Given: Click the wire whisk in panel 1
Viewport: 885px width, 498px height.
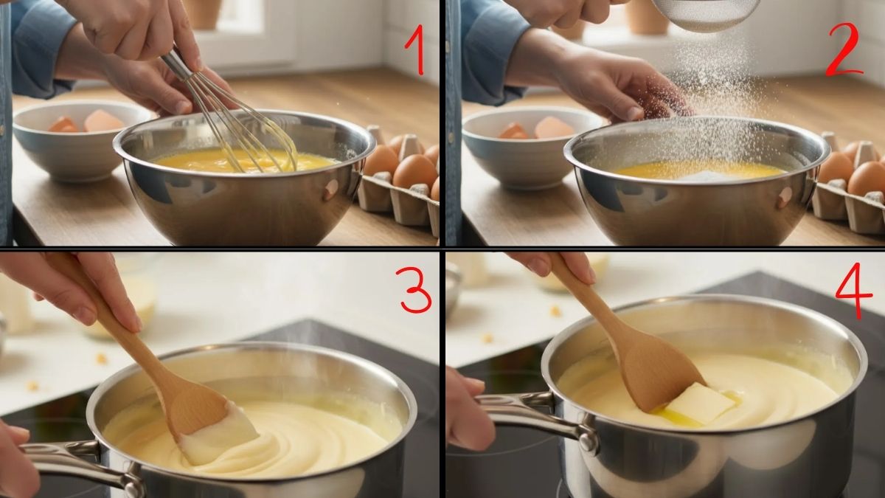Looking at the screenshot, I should (243, 125).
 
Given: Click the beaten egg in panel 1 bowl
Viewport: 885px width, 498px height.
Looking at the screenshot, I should (199, 161).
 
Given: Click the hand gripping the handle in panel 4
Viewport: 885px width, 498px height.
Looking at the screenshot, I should (468, 409).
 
